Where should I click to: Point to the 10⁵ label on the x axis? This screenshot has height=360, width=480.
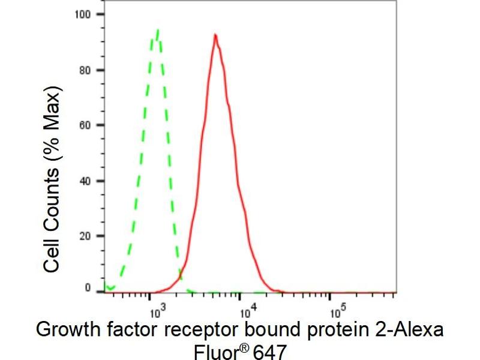pos(337,310)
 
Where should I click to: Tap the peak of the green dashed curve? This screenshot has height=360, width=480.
pos(157,30)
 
